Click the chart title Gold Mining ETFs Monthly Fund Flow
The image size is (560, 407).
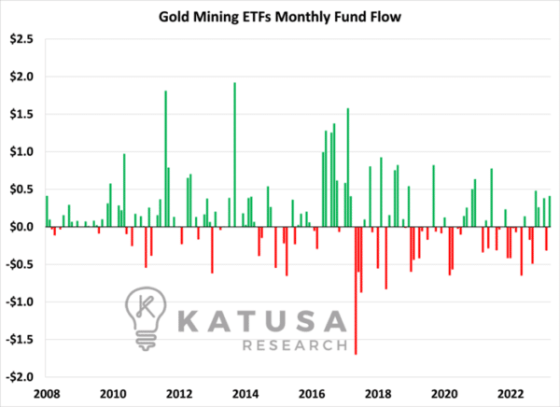(280, 17)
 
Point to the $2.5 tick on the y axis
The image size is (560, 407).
(21, 39)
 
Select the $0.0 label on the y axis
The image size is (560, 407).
(21, 227)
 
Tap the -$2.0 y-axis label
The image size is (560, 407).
(20, 376)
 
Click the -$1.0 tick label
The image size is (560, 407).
(20, 302)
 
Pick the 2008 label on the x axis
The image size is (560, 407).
(47, 394)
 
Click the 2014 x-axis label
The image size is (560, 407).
(245, 394)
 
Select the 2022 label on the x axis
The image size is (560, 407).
(511, 394)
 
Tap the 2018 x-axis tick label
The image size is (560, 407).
(378, 394)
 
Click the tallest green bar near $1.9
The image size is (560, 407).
(234, 155)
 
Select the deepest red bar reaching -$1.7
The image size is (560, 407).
(356, 290)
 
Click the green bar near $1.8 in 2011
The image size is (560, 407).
(166, 159)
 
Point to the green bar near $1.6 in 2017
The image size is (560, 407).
(348, 167)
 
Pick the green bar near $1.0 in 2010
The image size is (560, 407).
(124, 190)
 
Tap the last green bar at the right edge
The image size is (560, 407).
(550, 211)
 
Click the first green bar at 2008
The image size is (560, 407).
(47, 211)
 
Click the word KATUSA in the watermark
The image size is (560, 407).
(261, 321)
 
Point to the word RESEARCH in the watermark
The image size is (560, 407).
(295, 345)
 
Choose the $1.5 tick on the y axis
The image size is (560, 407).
(21, 114)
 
